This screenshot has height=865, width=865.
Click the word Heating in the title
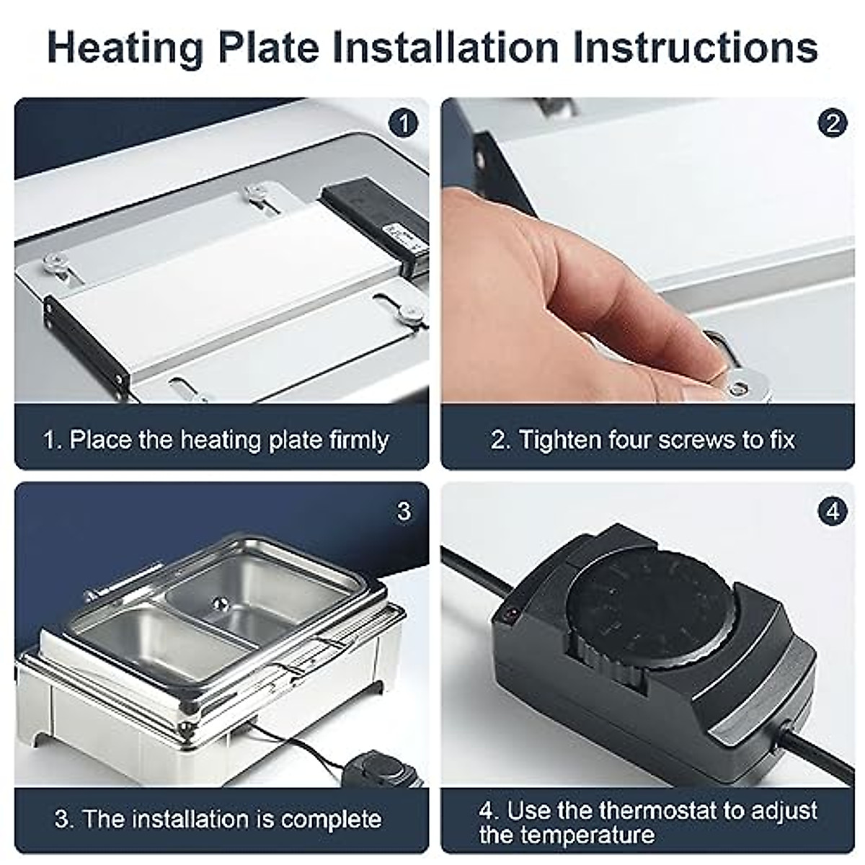coord(125,48)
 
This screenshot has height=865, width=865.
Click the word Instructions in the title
coord(696,48)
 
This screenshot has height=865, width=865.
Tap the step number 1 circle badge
coord(404,123)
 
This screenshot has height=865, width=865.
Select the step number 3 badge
coord(404,511)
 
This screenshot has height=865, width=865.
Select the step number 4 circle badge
coord(833,511)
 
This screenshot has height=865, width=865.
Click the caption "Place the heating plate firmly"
coord(216,440)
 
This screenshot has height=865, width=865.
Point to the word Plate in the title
coord(267,48)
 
